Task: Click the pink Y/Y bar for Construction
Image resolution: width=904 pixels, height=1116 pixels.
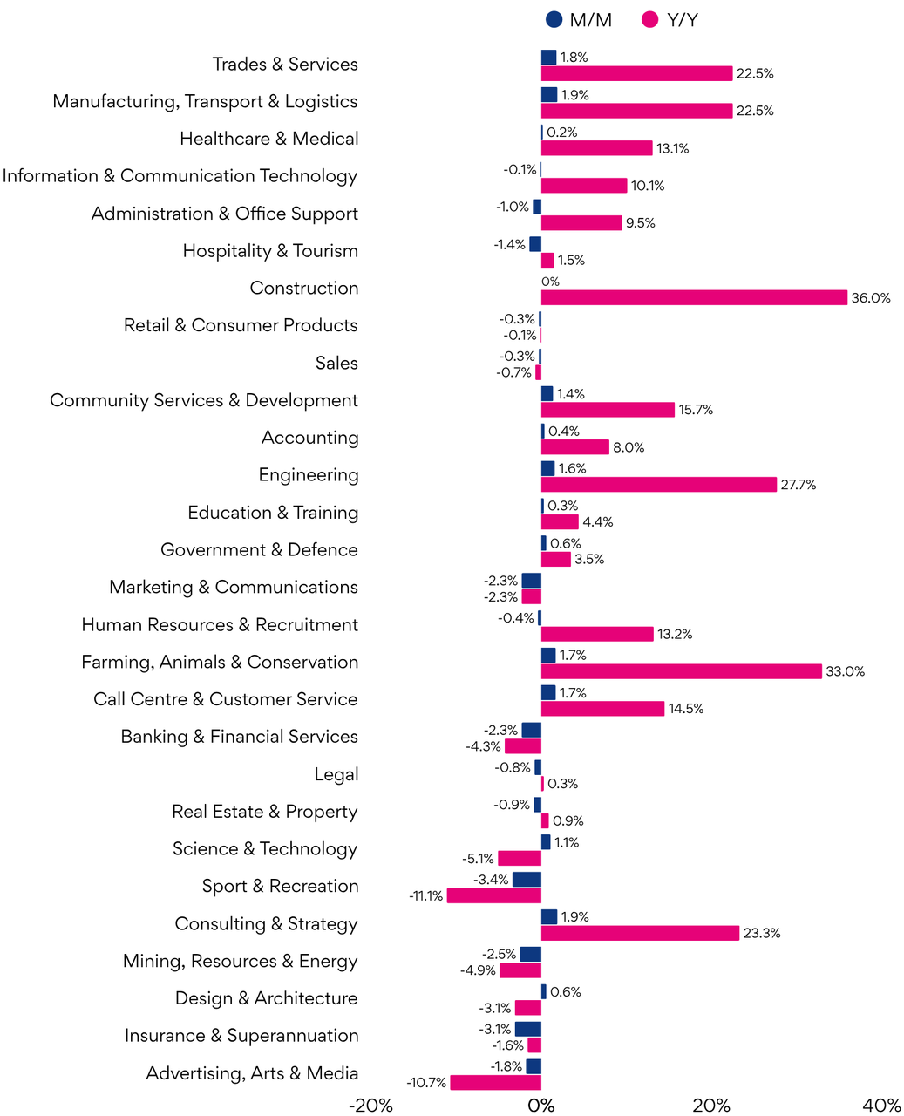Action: tap(694, 298)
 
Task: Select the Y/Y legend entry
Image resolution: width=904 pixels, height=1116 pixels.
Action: tap(670, 20)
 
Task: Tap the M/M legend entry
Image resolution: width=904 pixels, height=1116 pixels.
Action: tap(579, 20)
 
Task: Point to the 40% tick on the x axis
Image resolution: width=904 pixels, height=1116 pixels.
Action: tap(881, 1106)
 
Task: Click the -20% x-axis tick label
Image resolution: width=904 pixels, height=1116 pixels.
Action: tap(370, 1106)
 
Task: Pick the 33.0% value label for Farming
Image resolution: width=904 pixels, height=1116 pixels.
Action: tap(846, 671)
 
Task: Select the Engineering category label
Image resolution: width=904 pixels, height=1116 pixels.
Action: tap(309, 475)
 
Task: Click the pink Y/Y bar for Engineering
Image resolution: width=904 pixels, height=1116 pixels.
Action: tap(658, 485)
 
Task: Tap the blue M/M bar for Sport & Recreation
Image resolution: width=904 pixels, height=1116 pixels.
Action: tap(527, 880)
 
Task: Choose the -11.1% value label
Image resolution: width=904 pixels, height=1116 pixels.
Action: tap(425, 896)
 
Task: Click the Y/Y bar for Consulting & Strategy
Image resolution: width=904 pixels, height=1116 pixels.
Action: tap(640, 933)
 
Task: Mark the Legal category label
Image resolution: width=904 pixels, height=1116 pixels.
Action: tap(336, 774)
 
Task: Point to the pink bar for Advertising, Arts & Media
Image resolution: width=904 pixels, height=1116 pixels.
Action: tap(495, 1083)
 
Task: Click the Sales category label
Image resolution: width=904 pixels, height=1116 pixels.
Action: tap(336, 363)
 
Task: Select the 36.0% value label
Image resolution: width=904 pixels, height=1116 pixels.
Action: tap(871, 298)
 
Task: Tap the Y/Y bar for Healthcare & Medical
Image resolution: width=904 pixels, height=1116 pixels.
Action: tap(596, 148)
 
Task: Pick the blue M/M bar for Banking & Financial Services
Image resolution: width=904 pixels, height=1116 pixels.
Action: tap(531, 731)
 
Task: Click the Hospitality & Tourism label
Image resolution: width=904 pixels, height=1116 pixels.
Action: tap(270, 251)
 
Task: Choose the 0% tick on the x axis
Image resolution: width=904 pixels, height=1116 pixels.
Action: tap(540, 1106)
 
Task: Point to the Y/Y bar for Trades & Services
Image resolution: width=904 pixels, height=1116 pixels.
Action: tap(636, 74)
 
